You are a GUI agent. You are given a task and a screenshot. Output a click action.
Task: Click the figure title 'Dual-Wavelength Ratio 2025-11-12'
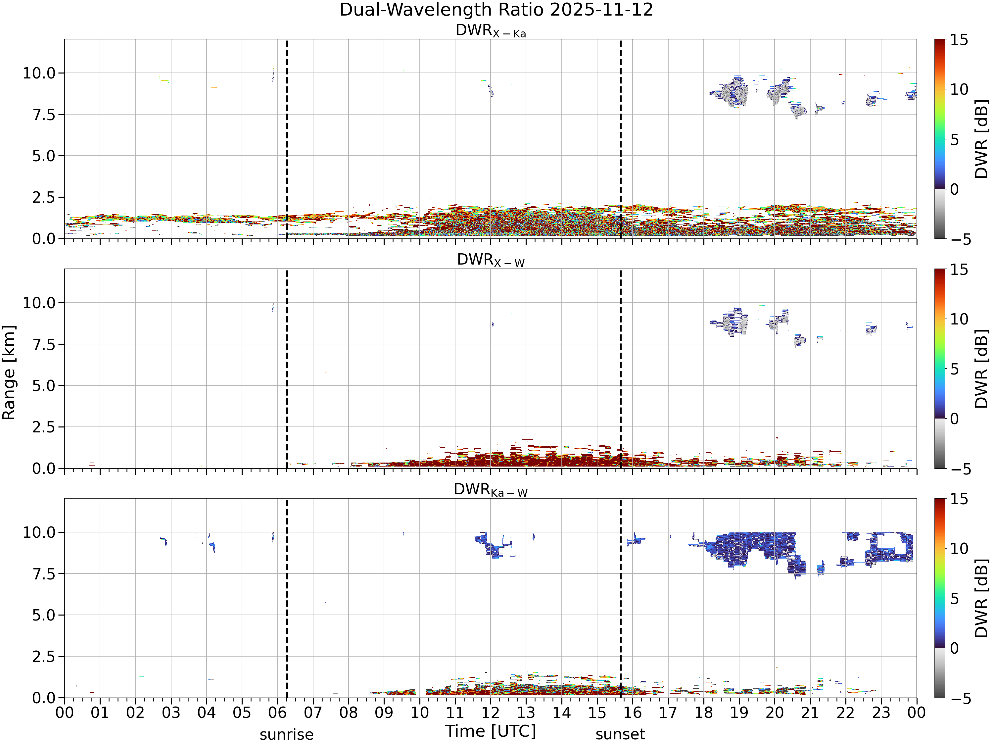pos(496,10)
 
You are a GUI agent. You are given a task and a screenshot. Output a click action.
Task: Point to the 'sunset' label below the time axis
pos(620,734)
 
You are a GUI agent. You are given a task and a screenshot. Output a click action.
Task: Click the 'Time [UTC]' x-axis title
pos(491,731)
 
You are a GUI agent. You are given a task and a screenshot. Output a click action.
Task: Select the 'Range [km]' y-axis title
pos(9,373)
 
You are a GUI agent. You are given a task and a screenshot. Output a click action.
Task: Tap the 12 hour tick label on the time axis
pos(490,713)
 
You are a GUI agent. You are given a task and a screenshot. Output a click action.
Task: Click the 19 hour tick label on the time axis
pos(739,713)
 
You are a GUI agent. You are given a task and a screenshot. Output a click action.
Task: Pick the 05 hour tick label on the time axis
pos(242,713)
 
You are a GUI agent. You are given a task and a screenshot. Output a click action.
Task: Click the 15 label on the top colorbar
pos(959,40)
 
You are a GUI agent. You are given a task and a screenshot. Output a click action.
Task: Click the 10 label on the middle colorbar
pos(959,319)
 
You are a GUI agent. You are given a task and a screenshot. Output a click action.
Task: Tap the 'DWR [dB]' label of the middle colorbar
pos(982,369)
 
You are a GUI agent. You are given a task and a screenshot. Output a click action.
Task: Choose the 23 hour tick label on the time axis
pos(881,713)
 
